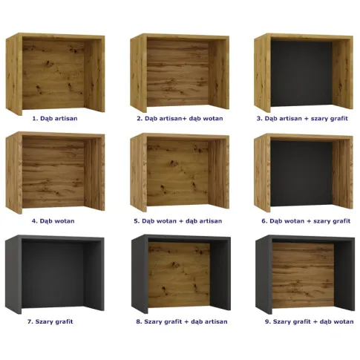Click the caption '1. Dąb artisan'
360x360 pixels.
tap(55, 119)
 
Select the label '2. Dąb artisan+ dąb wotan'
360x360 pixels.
tap(180, 119)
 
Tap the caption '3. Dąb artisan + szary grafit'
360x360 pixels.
tap(302, 119)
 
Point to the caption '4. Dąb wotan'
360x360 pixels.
tap(53, 221)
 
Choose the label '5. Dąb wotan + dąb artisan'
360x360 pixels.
tap(178, 221)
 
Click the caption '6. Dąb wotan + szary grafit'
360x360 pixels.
tap(306, 221)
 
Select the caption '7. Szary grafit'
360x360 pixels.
tap(50, 321)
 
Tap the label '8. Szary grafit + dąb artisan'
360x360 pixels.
tap(182, 321)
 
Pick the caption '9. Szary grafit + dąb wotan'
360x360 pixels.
tap(310, 321)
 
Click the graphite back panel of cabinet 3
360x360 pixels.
tap(301, 73)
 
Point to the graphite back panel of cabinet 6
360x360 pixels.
tap(301, 173)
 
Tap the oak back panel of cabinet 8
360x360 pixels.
tap(179, 275)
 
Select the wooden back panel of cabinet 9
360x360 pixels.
tap(303, 275)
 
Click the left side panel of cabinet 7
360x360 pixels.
tap(13, 275)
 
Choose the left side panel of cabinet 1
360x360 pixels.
tap(14, 74)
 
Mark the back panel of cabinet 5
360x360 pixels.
tap(178, 173)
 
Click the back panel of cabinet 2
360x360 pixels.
tap(178, 73)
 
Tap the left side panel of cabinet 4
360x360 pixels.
tap(14, 173)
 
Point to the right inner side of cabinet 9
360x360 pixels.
tap(344, 275)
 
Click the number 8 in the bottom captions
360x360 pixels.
tap(138, 321)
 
